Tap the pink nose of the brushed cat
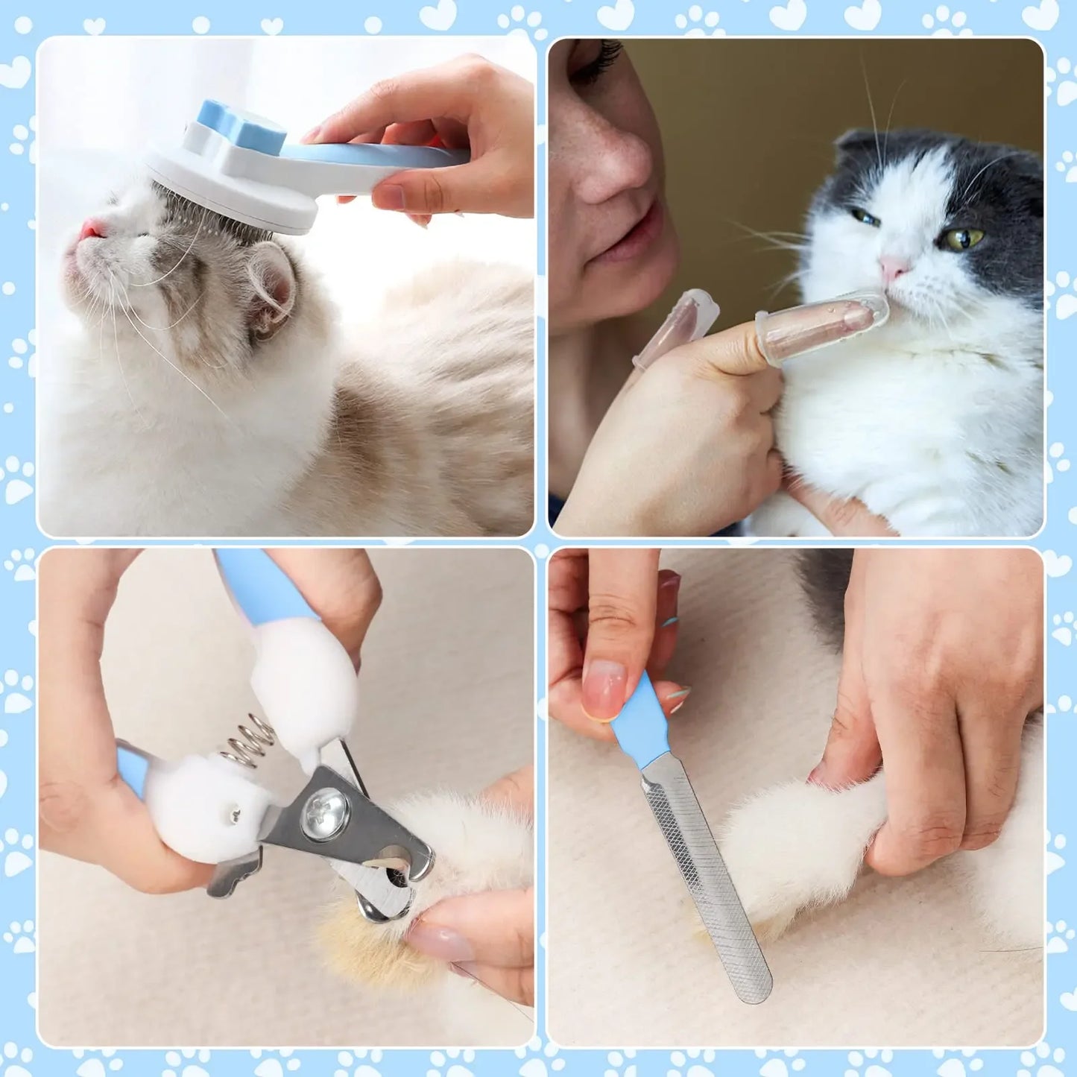coord(92,227)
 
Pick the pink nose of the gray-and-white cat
coord(892,268)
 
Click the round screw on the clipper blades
coord(325,813)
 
